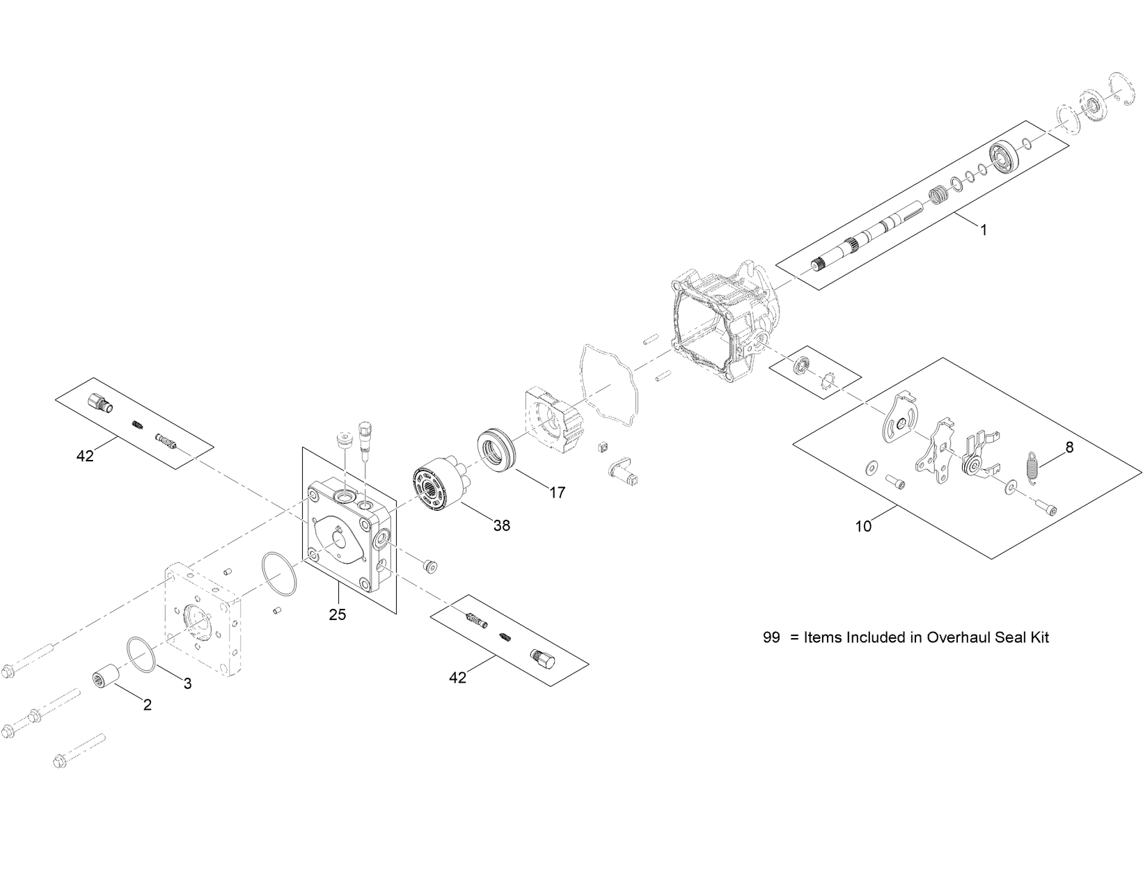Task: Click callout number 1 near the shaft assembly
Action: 983,230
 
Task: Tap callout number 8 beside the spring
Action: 1069,447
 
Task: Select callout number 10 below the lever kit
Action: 863,527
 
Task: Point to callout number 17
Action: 557,493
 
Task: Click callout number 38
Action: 501,525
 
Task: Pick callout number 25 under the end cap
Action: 338,614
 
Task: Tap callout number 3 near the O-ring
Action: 187,683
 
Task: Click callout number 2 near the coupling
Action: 147,705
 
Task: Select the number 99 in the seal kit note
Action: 771,637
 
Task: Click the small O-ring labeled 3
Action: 142,654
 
